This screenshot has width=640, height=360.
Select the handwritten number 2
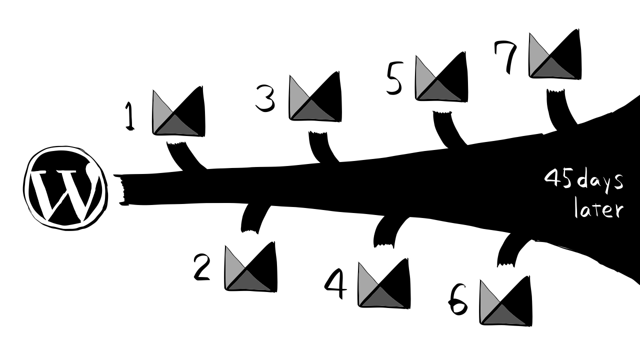(202, 267)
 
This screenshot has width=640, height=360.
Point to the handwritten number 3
(265, 98)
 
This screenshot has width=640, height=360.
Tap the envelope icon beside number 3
(315, 97)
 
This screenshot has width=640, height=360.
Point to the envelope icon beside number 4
(384, 283)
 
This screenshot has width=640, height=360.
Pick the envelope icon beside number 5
(441, 78)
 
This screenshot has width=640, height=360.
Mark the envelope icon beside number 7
(555, 54)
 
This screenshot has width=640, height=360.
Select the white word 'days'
(600, 180)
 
